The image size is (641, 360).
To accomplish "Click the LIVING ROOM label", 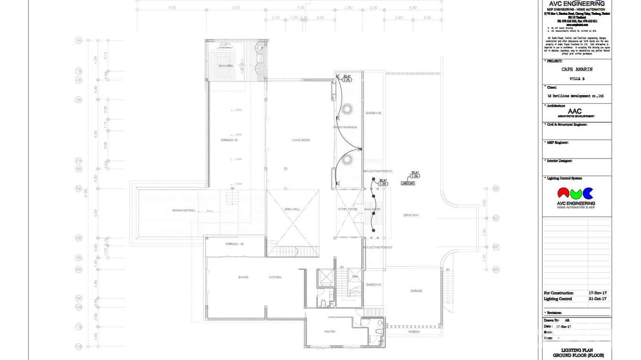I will tap(301, 140).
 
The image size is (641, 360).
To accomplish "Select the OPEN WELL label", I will tap(292, 209).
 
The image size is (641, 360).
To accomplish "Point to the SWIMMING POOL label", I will tap(184, 211).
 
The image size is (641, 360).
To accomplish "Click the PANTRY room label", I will tap(330, 331).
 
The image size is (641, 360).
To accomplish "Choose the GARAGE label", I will tap(416, 290).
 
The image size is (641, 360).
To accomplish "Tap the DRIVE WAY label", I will tap(411, 215).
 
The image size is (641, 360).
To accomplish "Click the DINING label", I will tap(244, 277).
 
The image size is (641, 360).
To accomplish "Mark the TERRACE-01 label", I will tap(229, 140).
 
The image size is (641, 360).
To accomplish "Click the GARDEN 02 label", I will tap(374, 113).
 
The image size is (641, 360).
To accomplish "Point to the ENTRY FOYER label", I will tap(348, 209).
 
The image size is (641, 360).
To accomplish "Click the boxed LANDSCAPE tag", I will tap(407, 183).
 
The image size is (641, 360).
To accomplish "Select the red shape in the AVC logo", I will tap(564, 193).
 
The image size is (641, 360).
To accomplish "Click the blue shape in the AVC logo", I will tap(588, 193).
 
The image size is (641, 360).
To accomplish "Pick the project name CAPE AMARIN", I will tap(577, 69).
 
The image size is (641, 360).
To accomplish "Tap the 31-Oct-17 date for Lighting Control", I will tap(597, 299).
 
